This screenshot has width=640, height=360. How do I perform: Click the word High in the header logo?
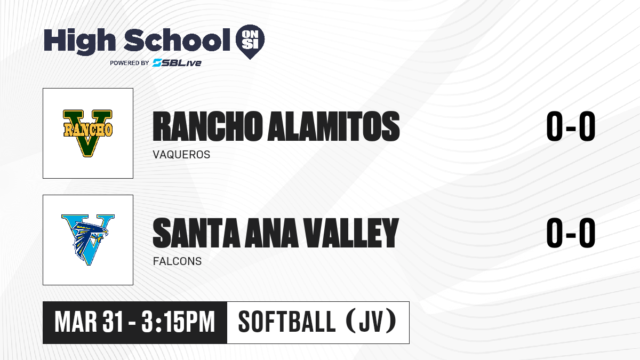tap(79, 41)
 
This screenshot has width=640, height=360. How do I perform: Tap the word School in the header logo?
tap(177, 39)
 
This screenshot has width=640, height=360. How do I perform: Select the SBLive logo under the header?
tap(177, 62)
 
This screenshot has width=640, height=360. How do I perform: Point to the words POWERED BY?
tap(130, 63)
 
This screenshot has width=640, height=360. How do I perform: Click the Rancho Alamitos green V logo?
tap(87, 133)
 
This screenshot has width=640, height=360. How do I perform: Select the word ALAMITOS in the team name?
tap(333, 126)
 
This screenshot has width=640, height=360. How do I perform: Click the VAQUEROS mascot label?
tap(181, 155)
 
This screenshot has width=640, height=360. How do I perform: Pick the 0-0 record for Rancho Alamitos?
tap(571, 126)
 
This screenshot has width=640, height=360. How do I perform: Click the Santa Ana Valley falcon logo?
tap(87, 239)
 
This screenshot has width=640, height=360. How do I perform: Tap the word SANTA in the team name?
tap(196, 233)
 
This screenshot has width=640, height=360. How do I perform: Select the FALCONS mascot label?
tap(177, 261)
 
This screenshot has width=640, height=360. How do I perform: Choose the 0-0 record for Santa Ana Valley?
tap(571, 233)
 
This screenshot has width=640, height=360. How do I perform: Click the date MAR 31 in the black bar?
tap(89, 322)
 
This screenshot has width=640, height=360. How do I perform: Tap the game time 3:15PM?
tap(178, 322)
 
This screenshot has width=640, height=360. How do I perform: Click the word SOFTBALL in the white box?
tap(287, 322)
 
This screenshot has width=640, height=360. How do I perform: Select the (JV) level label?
tap(371, 322)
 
